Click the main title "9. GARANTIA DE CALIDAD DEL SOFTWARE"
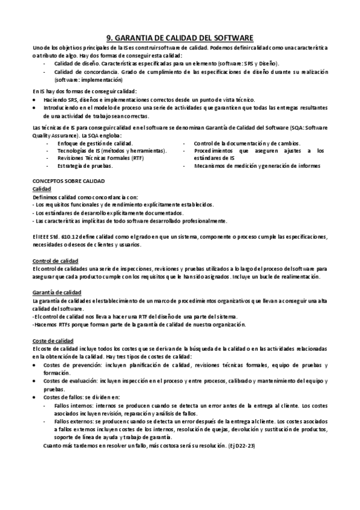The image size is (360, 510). point(180,37)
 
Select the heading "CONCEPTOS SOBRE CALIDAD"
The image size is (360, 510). point(69,180)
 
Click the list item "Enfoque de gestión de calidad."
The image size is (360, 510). point(95,143)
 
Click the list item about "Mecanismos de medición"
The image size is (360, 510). point(257,165)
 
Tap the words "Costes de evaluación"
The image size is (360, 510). point(70,381)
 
